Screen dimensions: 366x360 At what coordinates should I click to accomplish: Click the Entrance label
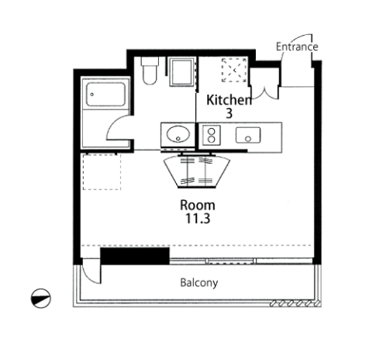[x=297, y=47]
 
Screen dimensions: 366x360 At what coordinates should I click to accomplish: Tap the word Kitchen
[x=229, y=100]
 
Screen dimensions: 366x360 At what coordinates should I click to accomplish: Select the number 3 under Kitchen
[x=230, y=113]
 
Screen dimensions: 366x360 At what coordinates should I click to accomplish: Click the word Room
[x=198, y=206]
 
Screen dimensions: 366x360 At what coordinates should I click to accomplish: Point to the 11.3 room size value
[x=198, y=219]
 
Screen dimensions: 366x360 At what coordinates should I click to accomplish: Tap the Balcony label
[x=199, y=282]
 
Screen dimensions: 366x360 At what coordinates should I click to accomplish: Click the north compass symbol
[x=41, y=298]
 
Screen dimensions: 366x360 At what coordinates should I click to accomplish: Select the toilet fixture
[x=150, y=71]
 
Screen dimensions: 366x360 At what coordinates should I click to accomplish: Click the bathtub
[x=105, y=95]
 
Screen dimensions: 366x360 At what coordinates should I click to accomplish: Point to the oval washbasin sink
[x=178, y=134]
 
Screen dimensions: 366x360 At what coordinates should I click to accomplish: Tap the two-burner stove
[x=212, y=135]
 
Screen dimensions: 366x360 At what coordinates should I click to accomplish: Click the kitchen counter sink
[x=248, y=135]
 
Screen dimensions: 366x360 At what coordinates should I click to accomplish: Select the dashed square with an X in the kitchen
[x=234, y=70]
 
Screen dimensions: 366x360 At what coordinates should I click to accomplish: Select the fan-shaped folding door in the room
[x=197, y=171]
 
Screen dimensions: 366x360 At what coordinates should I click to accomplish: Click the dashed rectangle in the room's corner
[x=102, y=172]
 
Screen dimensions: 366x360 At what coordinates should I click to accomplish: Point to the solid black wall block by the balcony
[x=135, y=256]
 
